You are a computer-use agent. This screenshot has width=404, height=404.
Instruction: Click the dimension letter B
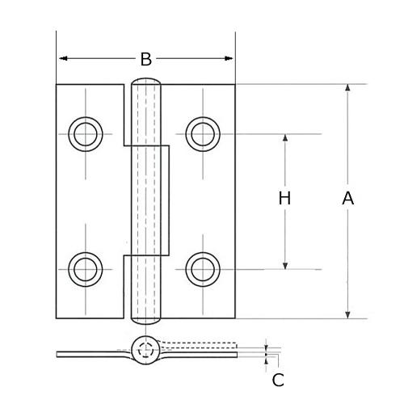click(x=145, y=59)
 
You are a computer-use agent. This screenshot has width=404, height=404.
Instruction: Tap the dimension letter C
click(x=278, y=380)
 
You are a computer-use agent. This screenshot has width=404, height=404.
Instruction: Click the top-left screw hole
click(x=84, y=133)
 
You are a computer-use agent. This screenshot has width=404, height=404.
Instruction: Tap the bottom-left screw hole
click(x=84, y=268)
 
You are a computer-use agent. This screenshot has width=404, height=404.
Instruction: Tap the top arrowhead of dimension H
click(x=284, y=138)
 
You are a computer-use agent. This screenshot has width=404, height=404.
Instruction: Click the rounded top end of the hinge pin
click(x=146, y=82)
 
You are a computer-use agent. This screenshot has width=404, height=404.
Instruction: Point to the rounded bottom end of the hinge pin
click(x=146, y=318)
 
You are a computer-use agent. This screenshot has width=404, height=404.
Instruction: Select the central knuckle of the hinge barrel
click(x=150, y=200)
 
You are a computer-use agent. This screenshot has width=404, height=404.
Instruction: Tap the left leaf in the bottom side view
click(x=89, y=354)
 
